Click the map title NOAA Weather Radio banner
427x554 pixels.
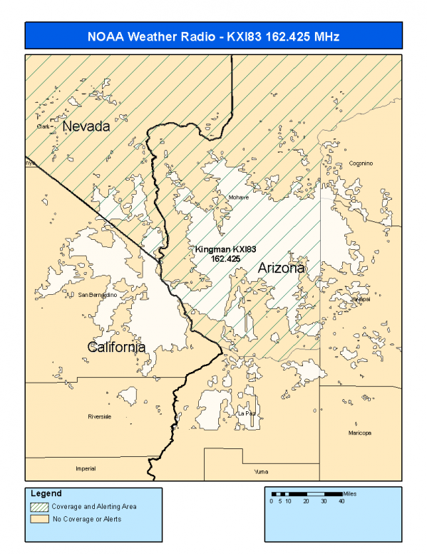[213, 36]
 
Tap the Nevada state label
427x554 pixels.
[86, 127]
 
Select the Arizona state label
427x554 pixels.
[281, 268]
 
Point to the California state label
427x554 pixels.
[116, 347]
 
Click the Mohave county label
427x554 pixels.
[238, 198]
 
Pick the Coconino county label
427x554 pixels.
[361, 163]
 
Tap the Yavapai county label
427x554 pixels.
[361, 299]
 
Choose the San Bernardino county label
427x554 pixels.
[97, 295]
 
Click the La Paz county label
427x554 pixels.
[246, 413]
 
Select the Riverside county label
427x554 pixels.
[99, 417]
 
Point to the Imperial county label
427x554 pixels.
[85, 469]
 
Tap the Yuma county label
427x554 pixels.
[262, 472]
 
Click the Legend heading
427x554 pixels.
[46, 493]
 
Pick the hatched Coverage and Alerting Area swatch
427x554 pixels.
[39, 506]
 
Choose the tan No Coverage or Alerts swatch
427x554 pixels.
[39, 519]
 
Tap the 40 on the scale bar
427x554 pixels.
[341, 501]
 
